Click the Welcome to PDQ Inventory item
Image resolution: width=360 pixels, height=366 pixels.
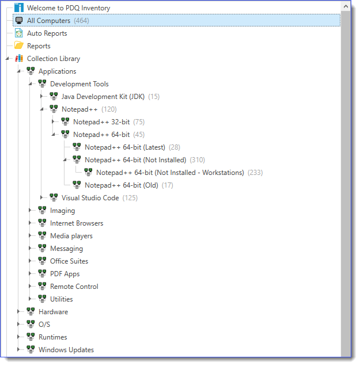[68, 8]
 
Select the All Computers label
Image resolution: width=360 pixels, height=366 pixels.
[48, 21]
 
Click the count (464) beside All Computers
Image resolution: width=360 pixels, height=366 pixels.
[82, 21]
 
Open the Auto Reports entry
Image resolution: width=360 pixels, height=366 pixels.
[47, 33]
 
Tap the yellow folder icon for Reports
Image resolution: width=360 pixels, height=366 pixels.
[19, 46]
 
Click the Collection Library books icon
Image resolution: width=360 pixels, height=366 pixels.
[19, 59]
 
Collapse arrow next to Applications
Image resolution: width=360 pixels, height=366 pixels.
[20, 71]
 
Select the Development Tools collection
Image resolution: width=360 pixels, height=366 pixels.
[79, 84]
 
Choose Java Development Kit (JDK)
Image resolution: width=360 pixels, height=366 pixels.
[103, 97]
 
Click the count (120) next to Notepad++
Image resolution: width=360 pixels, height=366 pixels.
[109, 109]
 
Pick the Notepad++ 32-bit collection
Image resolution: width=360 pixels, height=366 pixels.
[100, 122]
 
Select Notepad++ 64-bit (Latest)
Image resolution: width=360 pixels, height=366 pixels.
[124, 147]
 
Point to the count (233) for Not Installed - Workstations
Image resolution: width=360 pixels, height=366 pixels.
[255, 173]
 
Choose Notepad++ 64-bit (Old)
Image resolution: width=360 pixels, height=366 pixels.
[120, 185]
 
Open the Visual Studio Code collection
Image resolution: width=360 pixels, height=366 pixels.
[90, 198]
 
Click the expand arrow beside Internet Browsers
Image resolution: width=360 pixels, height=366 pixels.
[31, 223]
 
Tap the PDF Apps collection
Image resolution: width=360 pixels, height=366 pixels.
[65, 274]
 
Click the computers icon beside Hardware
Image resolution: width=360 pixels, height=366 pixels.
[31, 311]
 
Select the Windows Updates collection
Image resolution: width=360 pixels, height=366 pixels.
[66, 350]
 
